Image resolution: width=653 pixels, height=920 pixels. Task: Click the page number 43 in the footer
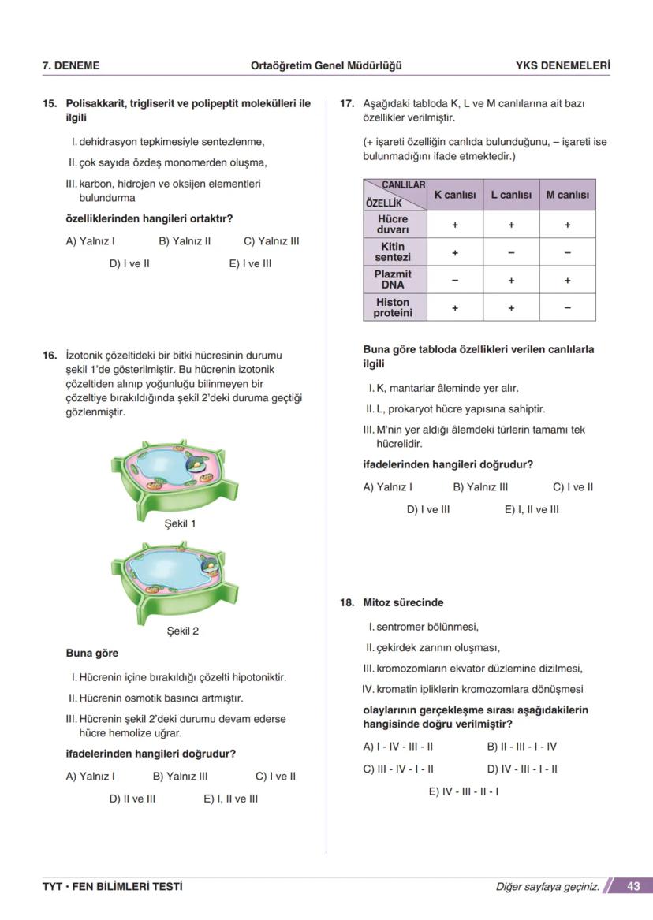pyautogui.click(x=633, y=886)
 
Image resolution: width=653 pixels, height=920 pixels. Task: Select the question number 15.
pyautogui.click(x=50, y=103)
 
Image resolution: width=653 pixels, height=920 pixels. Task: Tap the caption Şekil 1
pyautogui.click(x=180, y=523)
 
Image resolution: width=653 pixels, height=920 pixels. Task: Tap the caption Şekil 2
pyautogui.click(x=182, y=631)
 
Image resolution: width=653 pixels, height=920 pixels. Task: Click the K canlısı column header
pyautogui.click(x=455, y=195)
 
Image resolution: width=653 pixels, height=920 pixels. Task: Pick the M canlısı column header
pyautogui.click(x=567, y=195)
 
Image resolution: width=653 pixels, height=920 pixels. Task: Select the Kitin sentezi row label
pyautogui.click(x=393, y=252)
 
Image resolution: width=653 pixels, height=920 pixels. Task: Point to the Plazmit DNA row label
pyautogui.click(x=393, y=280)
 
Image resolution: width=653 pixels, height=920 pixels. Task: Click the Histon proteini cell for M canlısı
pyautogui.click(x=567, y=308)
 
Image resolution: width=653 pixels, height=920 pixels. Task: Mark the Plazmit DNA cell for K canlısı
pyautogui.click(x=455, y=280)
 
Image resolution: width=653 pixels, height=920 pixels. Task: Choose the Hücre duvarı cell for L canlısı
pyautogui.click(x=511, y=225)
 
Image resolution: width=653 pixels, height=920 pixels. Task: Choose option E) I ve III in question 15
pyautogui.click(x=250, y=263)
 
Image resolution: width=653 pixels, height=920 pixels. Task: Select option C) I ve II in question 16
pyautogui.click(x=276, y=776)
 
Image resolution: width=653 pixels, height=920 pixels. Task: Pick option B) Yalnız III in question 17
pyautogui.click(x=480, y=487)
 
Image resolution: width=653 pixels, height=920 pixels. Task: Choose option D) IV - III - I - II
pyautogui.click(x=522, y=769)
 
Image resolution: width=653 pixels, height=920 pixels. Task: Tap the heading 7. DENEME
pyautogui.click(x=71, y=65)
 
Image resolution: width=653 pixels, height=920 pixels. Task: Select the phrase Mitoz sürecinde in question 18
pyautogui.click(x=403, y=602)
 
